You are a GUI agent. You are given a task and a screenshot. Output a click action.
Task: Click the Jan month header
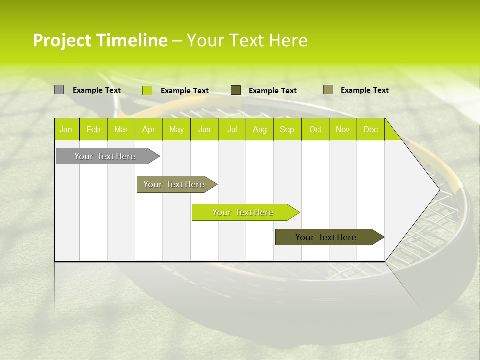(x=66, y=129)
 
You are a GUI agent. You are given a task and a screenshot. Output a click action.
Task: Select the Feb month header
(x=93, y=129)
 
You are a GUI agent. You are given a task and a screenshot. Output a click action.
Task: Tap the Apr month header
(x=148, y=129)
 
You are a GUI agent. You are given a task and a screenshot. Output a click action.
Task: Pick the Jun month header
(x=204, y=129)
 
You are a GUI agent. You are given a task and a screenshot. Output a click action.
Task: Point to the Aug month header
(x=259, y=129)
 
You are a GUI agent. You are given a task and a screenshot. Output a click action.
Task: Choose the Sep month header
(x=287, y=129)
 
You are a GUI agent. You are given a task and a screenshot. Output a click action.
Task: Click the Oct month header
(x=315, y=129)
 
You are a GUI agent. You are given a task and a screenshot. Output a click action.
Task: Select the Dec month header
(x=370, y=129)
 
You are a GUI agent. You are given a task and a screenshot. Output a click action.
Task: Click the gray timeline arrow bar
(x=105, y=156)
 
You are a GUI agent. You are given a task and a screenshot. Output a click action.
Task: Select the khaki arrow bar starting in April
(x=174, y=184)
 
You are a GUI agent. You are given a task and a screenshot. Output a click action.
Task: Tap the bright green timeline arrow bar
(x=243, y=212)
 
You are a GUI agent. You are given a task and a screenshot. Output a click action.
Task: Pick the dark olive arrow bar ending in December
(x=326, y=237)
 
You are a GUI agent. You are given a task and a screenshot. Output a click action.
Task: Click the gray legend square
(x=59, y=90)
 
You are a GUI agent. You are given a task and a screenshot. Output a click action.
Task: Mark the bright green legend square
(x=147, y=90)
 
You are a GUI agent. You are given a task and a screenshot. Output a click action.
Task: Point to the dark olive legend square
(x=236, y=90)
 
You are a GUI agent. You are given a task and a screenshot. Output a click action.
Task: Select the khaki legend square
(x=328, y=90)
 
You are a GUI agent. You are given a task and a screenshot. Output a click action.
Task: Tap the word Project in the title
(x=62, y=40)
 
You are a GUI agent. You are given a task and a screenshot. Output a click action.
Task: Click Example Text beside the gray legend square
(x=97, y=90)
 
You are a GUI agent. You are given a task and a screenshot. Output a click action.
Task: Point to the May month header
(x=176, y=129)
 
